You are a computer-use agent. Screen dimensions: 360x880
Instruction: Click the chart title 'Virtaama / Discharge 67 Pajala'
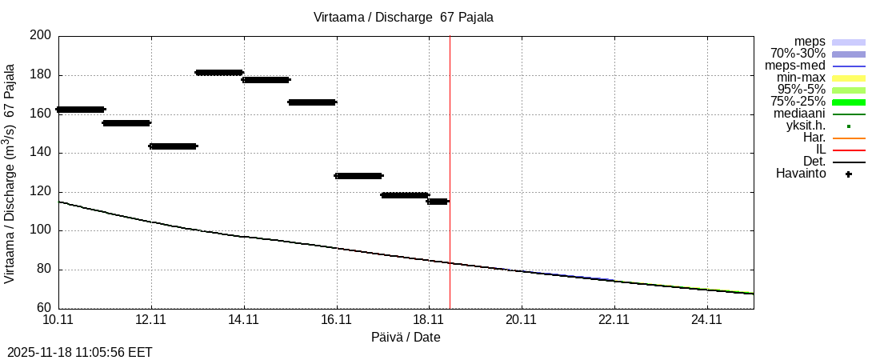coord(403,18)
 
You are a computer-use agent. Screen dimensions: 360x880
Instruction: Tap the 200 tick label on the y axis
coord(41,36)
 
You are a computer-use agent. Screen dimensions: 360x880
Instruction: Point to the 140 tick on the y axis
coord(41,153)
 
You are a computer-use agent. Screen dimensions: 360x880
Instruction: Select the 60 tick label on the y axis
coord(44,308)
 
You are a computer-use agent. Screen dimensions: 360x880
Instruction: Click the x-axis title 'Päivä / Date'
coord(406,338)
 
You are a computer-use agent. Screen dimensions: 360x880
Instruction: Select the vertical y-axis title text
coord(10,174)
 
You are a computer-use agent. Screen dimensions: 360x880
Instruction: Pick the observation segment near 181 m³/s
coord(219,73)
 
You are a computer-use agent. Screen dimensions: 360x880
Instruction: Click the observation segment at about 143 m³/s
coord(173,146)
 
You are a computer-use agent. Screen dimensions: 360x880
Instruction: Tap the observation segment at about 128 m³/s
coord(358,176)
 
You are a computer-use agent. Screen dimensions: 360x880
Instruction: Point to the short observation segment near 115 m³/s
coord(438,202)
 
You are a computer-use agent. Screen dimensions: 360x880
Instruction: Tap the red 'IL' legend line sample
coord(848,150)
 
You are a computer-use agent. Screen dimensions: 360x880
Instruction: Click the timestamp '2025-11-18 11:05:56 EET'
coord(80,352)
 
